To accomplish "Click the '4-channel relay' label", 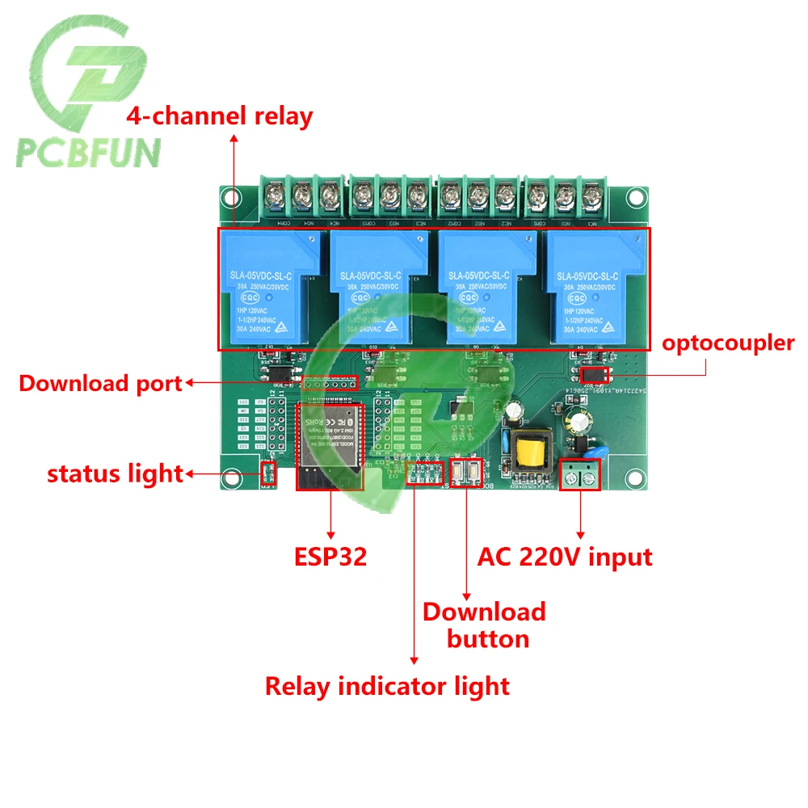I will click(219, 116).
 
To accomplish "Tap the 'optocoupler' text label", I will click(728, 343).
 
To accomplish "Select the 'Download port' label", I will click(100, 383).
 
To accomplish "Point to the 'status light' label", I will click(115, 473).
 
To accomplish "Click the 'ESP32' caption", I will click(330, 557).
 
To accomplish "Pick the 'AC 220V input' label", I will click(565, 557).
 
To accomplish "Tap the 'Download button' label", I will click(485, 625).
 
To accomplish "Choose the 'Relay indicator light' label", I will click(388, 687).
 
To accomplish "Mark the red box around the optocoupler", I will click(595, 376).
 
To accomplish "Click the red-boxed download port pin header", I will click(329, 382).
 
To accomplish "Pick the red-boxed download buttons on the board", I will click(466, 473).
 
